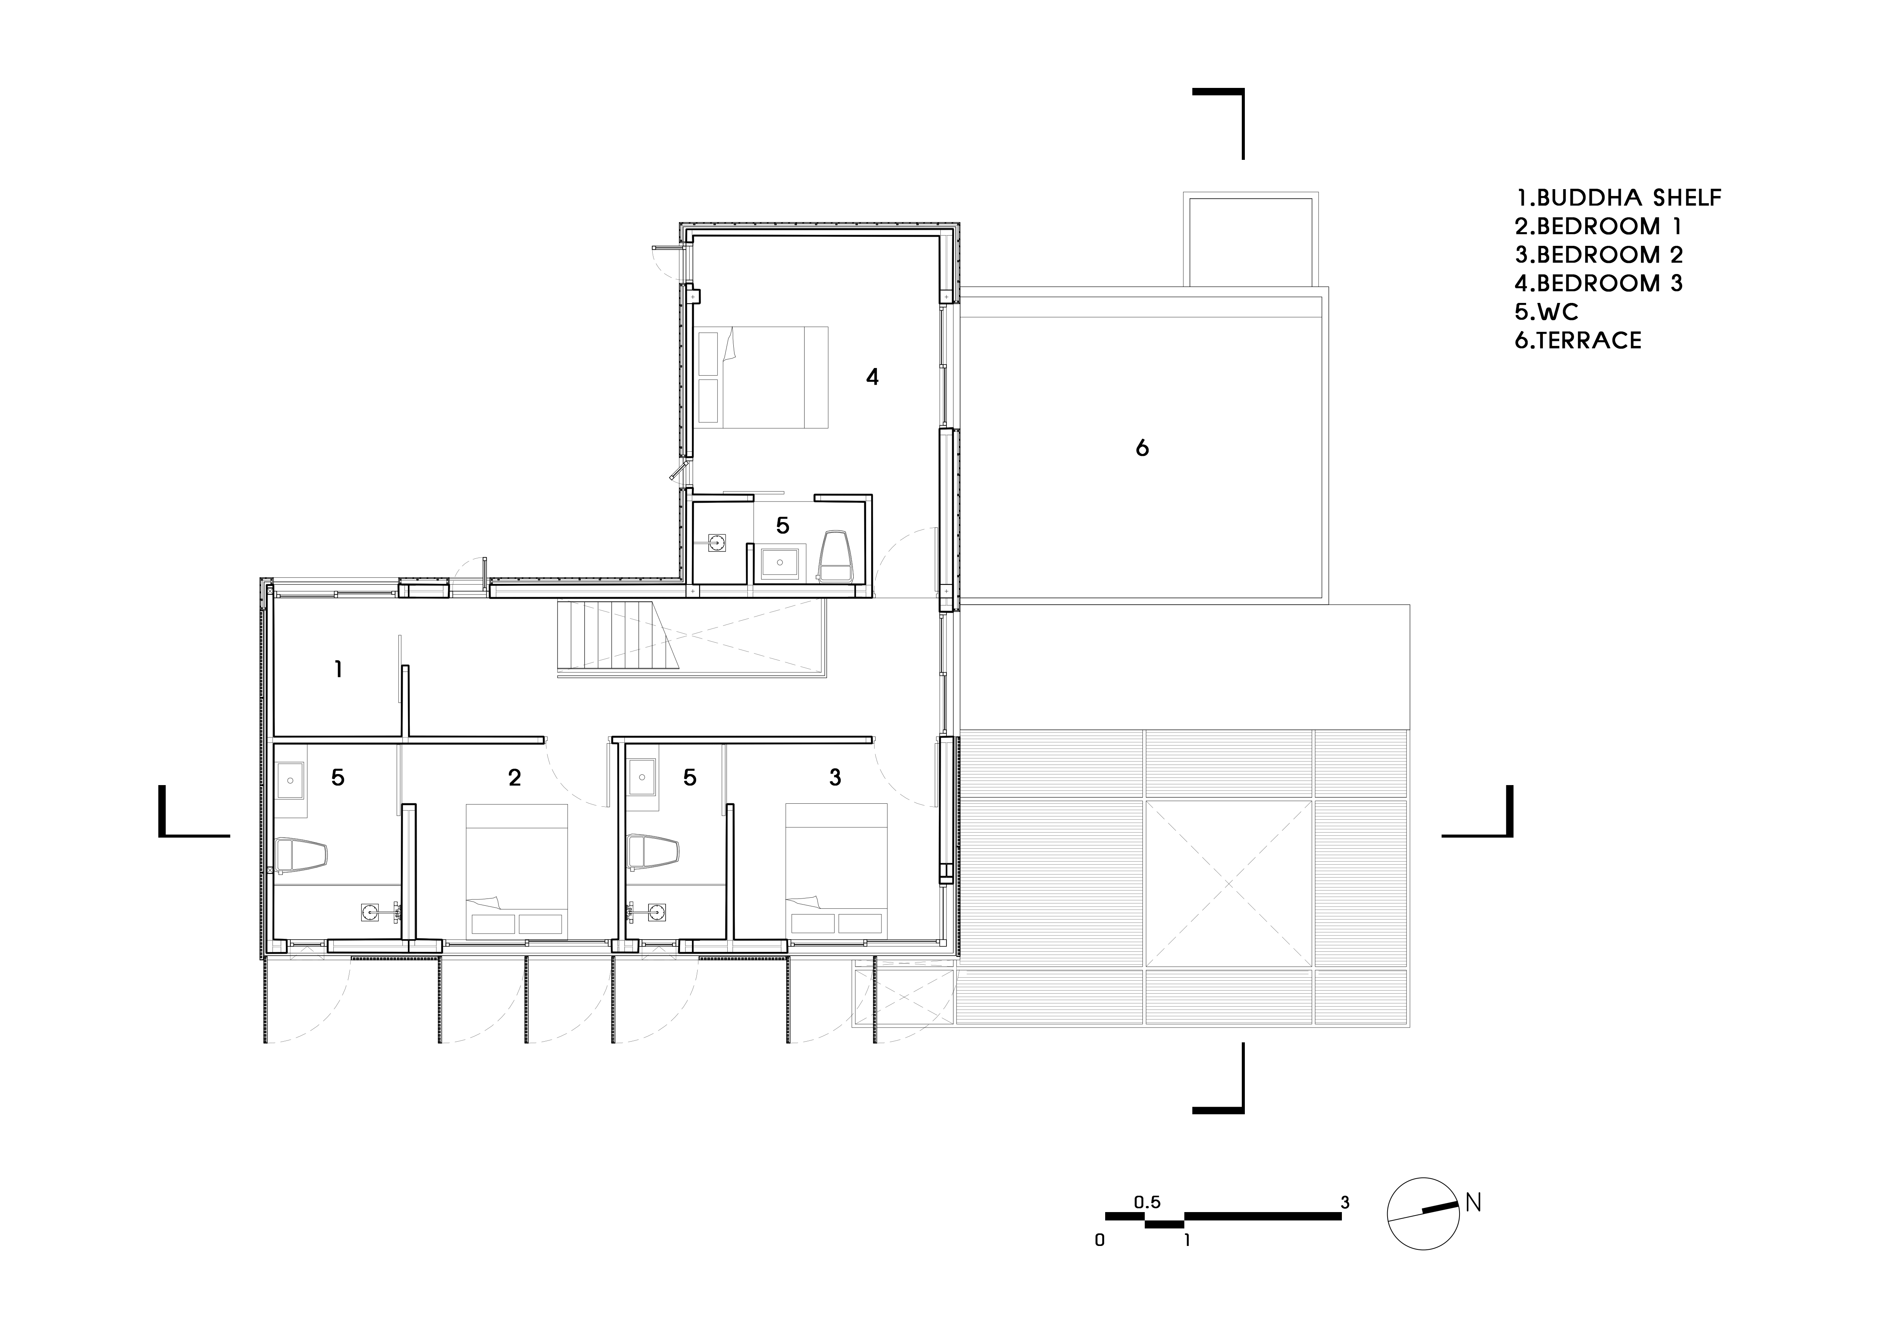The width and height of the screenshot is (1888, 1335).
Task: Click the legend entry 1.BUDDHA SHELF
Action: tap(1617, 198)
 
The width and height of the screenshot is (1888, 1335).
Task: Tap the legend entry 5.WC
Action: tap(1546, 312)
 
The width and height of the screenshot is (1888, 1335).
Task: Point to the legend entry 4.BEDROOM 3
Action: tap(1598, 284)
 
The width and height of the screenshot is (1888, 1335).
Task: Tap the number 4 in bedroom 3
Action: tap(873, 377)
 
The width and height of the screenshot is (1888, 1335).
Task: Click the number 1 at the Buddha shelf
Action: tap(338, 669)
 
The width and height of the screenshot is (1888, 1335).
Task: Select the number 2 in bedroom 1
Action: tap(515, 777)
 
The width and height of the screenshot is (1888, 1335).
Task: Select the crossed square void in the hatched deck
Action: tap(1228, 884)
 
